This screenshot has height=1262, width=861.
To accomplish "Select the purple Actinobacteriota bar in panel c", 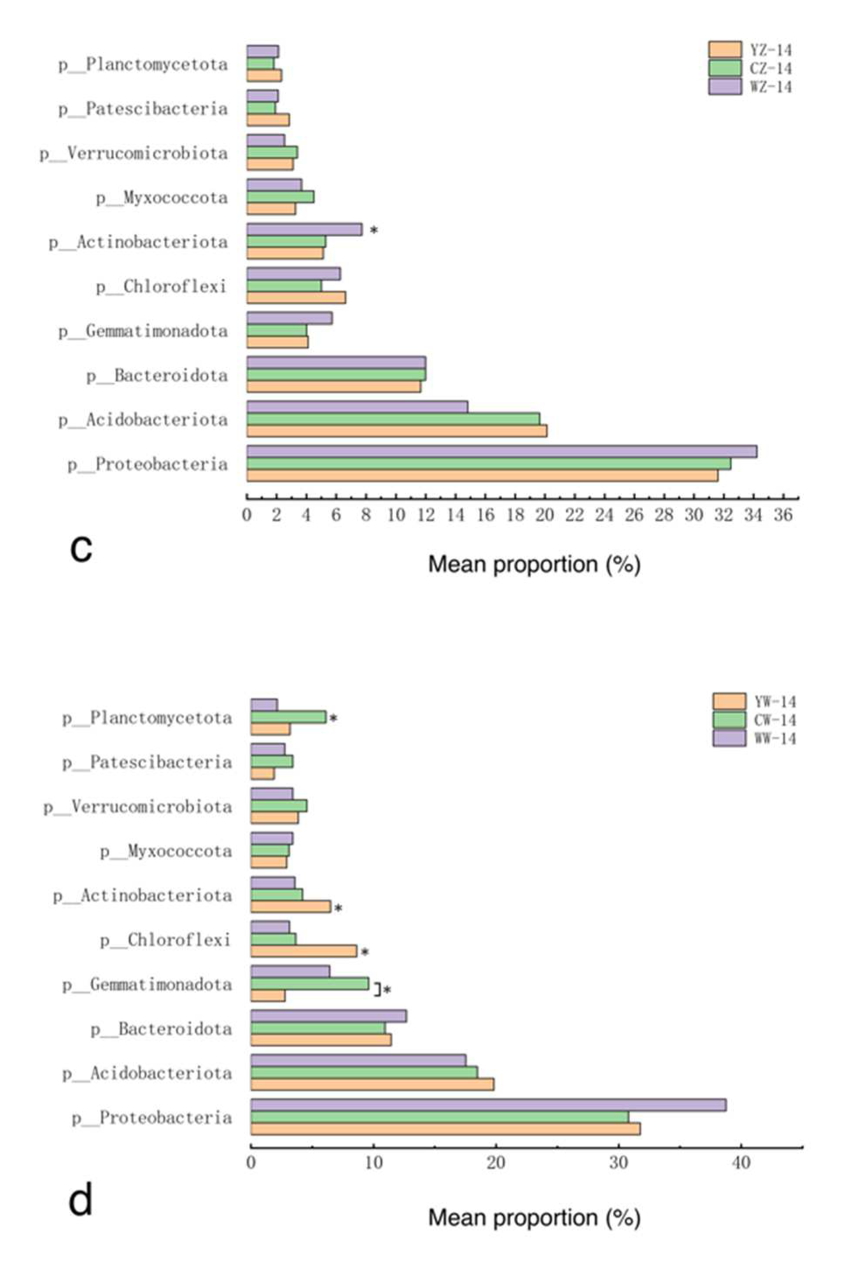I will coord(304,229).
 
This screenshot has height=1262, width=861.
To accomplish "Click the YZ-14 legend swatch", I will coord(725,49).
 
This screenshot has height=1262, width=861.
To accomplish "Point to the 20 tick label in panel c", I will coord(545,515).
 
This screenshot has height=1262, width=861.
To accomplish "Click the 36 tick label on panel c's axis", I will coord(783,515).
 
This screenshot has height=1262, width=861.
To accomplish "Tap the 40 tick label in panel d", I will coord(740,1163).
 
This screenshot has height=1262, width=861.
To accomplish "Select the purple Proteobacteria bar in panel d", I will coord(488,1105).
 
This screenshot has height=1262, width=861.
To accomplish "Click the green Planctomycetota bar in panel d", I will coord(288,717).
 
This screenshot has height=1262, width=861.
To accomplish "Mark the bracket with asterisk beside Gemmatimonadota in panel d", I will coord(382,990).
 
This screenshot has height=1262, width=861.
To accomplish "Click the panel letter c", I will coord(81,550).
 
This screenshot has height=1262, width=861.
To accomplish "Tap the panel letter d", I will coord(80,1201).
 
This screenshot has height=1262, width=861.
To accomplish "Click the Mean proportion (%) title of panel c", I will coord(534,565).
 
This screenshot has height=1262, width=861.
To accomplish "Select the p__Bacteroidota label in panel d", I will coord(161,1029).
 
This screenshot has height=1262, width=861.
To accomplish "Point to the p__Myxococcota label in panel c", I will coord(162,198).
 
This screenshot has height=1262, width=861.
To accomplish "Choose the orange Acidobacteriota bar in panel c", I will coord(396,431).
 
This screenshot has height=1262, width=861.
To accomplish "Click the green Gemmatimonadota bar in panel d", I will coord(309,984).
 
